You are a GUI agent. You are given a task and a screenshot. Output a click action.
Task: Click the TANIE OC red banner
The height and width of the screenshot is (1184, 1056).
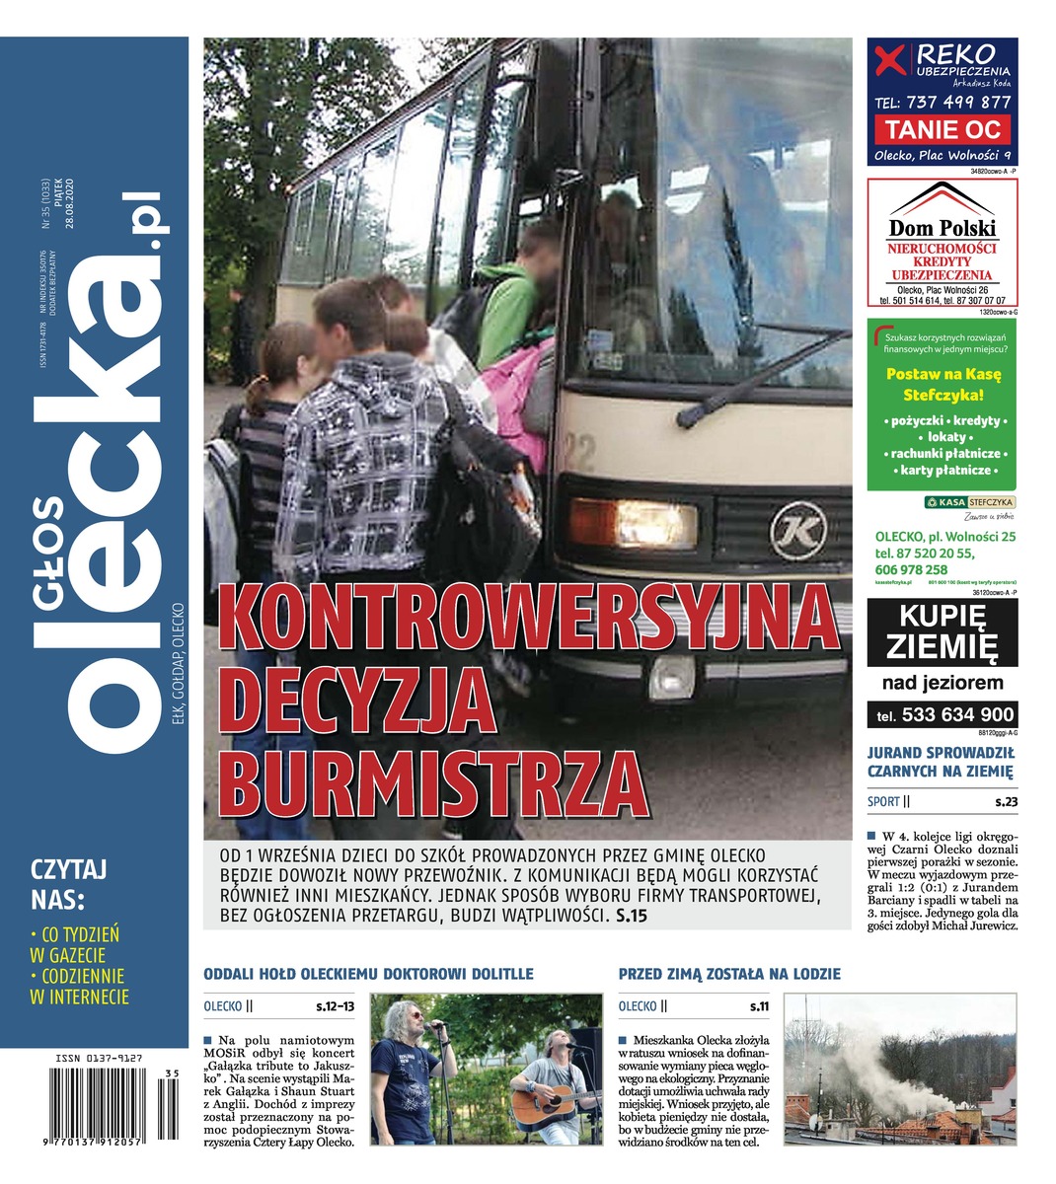point(943,129)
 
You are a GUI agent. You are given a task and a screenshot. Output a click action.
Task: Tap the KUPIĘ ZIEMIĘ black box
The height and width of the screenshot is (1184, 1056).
point(943,633)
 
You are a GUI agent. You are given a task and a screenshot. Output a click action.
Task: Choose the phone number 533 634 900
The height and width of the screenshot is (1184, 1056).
point(952,715)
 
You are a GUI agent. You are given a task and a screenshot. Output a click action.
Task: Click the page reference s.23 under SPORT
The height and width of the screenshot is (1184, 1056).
point(1005,802)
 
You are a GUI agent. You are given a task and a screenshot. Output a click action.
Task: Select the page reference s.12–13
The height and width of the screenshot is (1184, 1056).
point(336,1007)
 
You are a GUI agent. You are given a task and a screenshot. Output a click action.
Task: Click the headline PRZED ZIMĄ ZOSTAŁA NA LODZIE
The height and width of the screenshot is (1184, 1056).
point(729,975)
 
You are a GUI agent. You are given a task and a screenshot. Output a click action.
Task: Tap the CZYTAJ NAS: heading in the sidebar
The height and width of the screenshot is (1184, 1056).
point(69,884)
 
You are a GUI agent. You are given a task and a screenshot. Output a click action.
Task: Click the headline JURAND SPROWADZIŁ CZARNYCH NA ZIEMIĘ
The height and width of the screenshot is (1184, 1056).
point(940,761)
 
